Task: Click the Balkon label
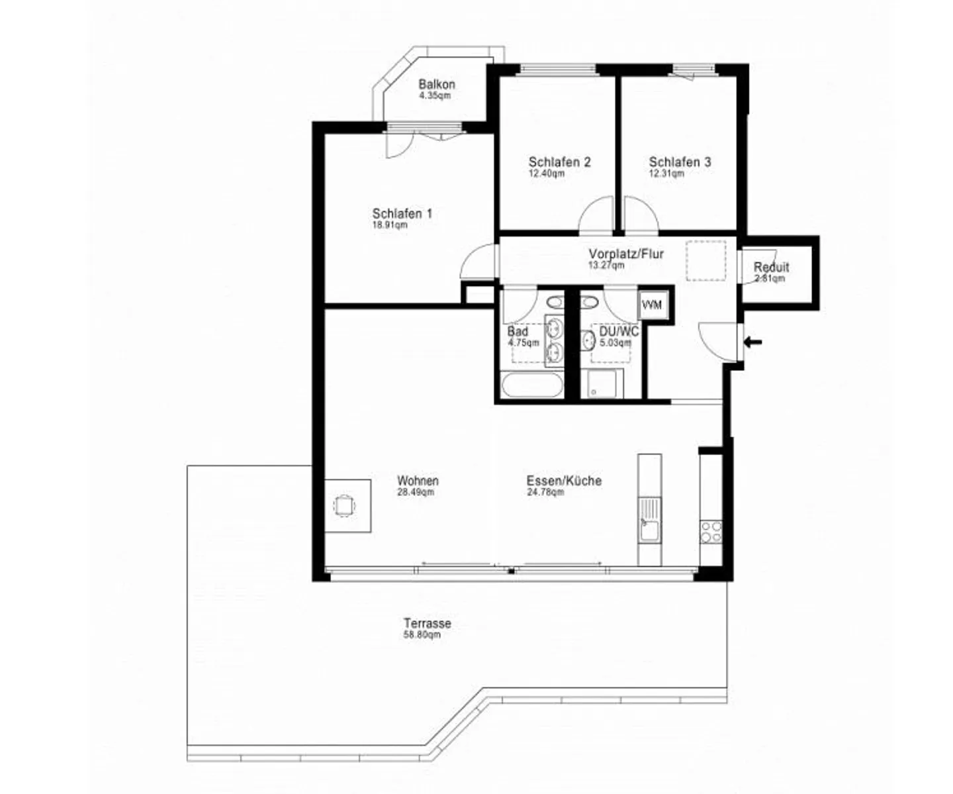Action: pyautogui.click(x=436, y=85)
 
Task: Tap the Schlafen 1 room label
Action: pyautogui.click(x=402, y=214)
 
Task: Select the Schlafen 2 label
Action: pyautogui.click(x=559, y=162)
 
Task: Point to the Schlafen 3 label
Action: pyautogui.click(x=680, y=162)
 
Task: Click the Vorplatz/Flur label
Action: pyautogui.click(x=625, y=254)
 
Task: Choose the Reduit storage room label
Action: pyautogui.click(x=771, y=268)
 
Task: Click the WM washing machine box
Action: pyautogui.click(x=652, y=305)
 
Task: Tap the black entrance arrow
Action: pyautogui.click(x=753, y=342)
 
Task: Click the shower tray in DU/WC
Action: pyautogui.click(x=602, y=384)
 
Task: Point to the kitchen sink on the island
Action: pyautogui.click(x=649, y=530)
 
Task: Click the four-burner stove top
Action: pyautogui.click(x=711, y=532)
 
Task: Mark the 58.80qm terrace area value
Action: pyautogui.click(x=422, y=635)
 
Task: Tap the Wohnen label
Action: pyautogui.click(x=418, y=481)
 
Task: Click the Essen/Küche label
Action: pyautogui.click(x=564, y=481)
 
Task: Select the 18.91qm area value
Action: pyautogui.click(x=390, y=225)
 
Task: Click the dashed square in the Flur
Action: pyautogui.click(x=705, y=261)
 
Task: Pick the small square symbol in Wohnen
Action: pyautogui.click(x=344, y=506)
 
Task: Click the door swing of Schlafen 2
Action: pyautogui.click(x=596, y=216)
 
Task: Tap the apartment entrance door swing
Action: pyautogui.click(x=719, y=340)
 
